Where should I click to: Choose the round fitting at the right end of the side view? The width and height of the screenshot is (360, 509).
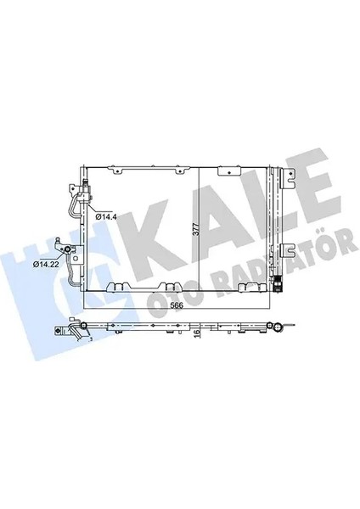click(277, 328)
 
